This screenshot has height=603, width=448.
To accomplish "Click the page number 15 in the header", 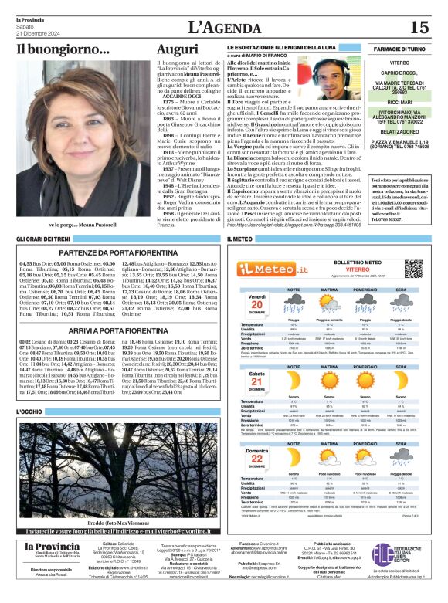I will click(419, 28).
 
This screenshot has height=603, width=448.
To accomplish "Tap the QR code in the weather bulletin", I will click(414, 269).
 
